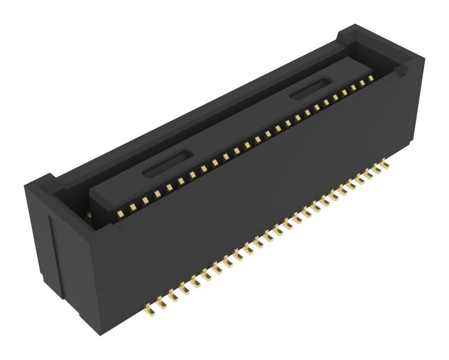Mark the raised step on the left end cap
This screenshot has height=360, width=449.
click(45, 183)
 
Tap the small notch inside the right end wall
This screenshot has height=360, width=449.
click(401, 70)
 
